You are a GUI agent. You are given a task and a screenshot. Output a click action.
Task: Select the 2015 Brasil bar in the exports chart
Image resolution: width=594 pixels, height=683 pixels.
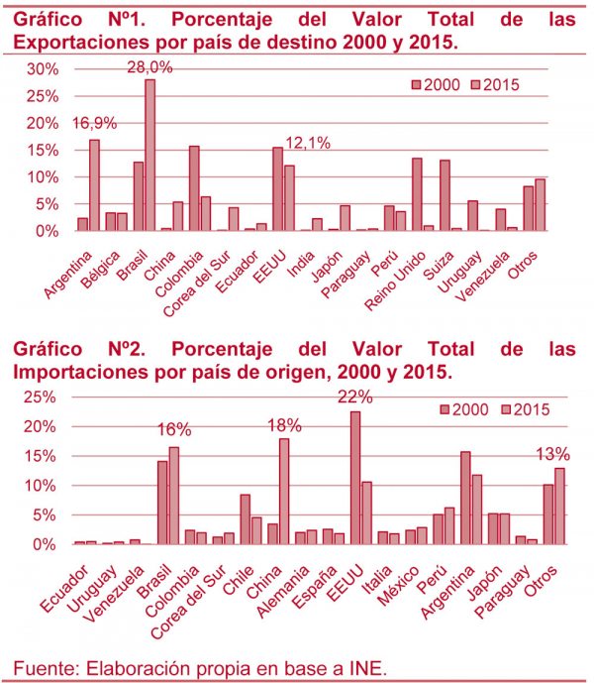point(150,155)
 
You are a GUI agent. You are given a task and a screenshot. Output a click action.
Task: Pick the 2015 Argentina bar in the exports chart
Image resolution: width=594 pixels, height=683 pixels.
point(94,184)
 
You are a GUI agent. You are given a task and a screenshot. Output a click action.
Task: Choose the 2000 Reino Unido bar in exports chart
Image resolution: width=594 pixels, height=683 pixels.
point(417,194)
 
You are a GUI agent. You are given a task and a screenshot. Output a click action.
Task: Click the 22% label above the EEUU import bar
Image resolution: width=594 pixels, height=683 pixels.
point(354,397)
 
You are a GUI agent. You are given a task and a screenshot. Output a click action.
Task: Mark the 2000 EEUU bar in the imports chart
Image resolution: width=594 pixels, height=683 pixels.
point(355,478)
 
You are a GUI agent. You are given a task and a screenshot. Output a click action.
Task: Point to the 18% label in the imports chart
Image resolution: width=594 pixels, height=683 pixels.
point(281,425)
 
